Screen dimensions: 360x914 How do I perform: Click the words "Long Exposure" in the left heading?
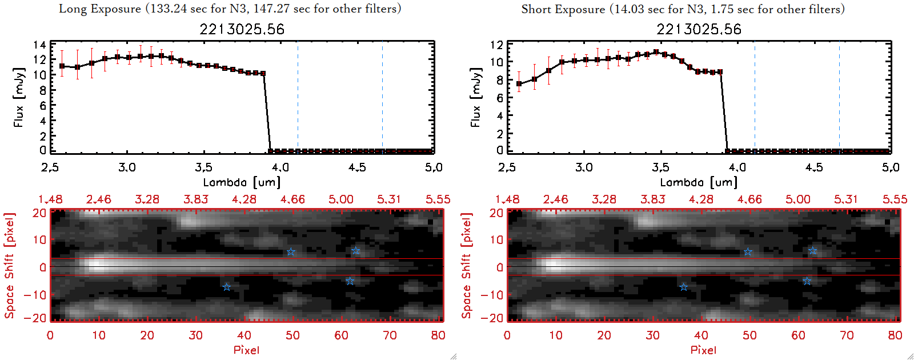coord(100,9)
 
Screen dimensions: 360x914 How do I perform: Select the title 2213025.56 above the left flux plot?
coord(242,29)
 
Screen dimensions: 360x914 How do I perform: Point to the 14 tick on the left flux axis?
coord(39,45)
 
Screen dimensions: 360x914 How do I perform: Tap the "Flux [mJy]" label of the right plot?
coord(475,97)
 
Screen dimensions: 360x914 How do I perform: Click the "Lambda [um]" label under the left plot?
coord(242,182)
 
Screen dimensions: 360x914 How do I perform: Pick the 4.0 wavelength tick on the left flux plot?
coord(280,167)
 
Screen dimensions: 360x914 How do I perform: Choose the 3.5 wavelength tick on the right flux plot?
coord(660,167)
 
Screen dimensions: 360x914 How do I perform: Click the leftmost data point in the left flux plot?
coord(62,66)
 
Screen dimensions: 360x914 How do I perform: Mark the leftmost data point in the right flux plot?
coord(519,84)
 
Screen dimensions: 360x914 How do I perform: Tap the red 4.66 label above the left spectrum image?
coord(292,199)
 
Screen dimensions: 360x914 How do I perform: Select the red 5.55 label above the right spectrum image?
coord(895,199)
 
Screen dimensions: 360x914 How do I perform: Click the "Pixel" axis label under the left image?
coord(246,350)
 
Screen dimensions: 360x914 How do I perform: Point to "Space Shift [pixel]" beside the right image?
coord(467,266)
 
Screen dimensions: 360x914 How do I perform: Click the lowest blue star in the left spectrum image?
coord(227,287)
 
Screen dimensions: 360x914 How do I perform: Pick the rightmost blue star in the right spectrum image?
coord(812,251)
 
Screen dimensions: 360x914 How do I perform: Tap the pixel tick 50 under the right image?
coord(749,335)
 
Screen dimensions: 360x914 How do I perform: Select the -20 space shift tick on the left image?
coord(39,318)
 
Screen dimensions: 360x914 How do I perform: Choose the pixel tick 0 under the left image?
coord(50,335)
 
